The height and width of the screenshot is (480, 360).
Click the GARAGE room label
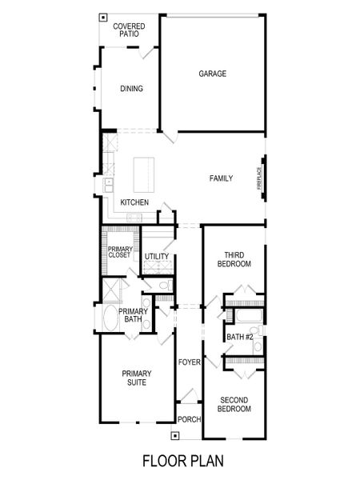point(213,74)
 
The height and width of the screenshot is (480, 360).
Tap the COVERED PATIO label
point(128,30)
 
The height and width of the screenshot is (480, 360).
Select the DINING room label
point(131,89)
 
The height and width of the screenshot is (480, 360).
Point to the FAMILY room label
point(222,178)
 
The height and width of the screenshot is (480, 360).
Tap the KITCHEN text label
point(134,202)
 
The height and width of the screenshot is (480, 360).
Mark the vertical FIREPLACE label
point(258,178)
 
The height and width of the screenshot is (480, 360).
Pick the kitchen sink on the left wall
point(107,186)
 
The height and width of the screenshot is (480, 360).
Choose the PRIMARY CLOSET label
point(119,252)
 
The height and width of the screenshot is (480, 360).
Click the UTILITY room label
point(157,256)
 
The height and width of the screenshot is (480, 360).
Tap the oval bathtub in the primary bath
point(110,318)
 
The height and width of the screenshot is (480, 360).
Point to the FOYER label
point(188,362)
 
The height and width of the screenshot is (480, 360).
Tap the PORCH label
point(189,419)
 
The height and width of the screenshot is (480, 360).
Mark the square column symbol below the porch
point(174,437)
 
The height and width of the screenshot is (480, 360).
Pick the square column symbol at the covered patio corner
point(102,16)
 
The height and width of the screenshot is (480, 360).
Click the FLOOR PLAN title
point(182,462)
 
